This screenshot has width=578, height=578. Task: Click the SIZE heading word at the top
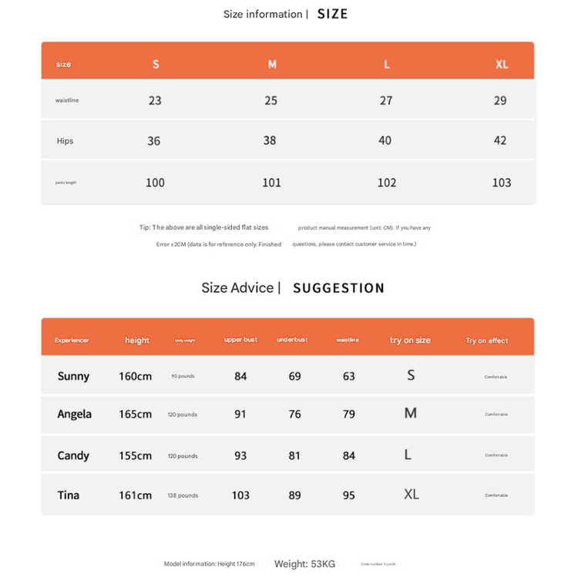click(332, 14)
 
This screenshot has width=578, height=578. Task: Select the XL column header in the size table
click(502, 64)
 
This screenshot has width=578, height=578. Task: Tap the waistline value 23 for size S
click(155, 100)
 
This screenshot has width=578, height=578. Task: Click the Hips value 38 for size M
click(270, 140)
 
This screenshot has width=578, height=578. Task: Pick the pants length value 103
click(502, 183)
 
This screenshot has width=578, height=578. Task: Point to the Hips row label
click(65, 141)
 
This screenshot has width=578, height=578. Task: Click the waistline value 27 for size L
click(386, 100)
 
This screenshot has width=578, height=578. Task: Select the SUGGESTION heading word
click(338, 288)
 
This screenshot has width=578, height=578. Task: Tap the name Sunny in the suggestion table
click(73, 376)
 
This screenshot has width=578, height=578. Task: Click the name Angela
click(74, 414)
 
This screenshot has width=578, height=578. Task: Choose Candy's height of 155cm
click(135, 455)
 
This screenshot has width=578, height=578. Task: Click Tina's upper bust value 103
click(240, 495)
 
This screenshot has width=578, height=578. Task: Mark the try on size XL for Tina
click(412, 494)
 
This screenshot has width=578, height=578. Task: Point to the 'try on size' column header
click(410, 340)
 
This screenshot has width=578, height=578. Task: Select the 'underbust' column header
click(292, 340)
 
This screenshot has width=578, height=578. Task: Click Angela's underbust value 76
click(294, 414)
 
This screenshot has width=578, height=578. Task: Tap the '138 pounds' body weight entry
click(183, 496)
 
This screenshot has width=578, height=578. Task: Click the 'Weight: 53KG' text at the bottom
click(304, 564)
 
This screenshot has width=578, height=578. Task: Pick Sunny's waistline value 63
click(349, 376)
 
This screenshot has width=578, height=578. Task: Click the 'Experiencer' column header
click(72, 340)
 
